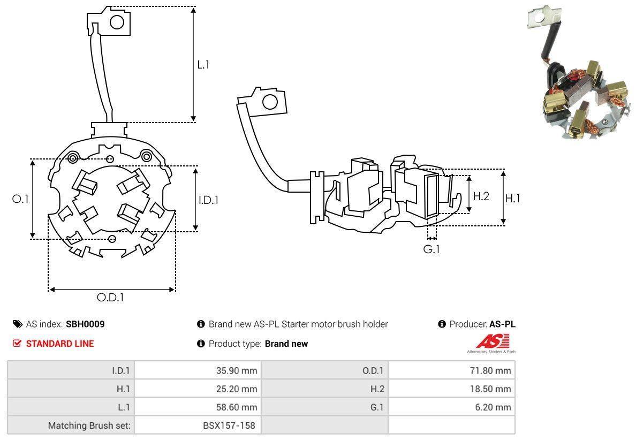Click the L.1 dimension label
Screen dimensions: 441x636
203,65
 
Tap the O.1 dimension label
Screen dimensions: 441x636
20,199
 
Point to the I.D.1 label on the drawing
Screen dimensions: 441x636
209,200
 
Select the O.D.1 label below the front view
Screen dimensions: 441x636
110,298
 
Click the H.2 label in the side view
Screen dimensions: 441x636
481,196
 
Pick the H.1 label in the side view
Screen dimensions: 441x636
513,198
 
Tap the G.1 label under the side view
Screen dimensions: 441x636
431,249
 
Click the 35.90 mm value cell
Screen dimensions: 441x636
236,370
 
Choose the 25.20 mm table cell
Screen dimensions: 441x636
236,389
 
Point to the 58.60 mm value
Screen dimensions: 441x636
236,407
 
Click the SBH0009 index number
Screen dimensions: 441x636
85,324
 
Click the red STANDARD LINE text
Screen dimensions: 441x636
60,344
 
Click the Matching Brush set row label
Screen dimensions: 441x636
89,425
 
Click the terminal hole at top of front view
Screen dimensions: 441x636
117,22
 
